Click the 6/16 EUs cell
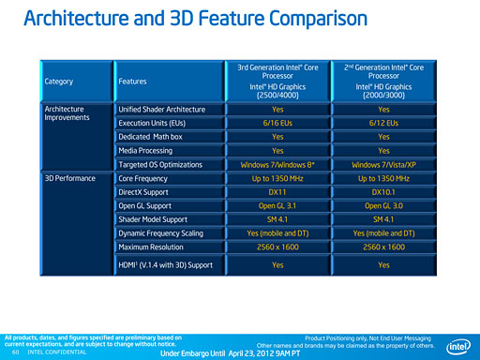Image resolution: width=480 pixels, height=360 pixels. tap(277, 123)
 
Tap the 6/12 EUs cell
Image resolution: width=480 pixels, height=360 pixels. tap(384, 123)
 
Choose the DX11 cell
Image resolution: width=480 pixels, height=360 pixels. tap(277, 191)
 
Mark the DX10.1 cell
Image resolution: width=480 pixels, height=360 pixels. tap(384, 191)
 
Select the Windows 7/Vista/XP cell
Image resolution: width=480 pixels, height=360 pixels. tap(384, 164)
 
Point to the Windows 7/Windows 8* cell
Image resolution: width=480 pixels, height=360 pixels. tap(277, 164)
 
